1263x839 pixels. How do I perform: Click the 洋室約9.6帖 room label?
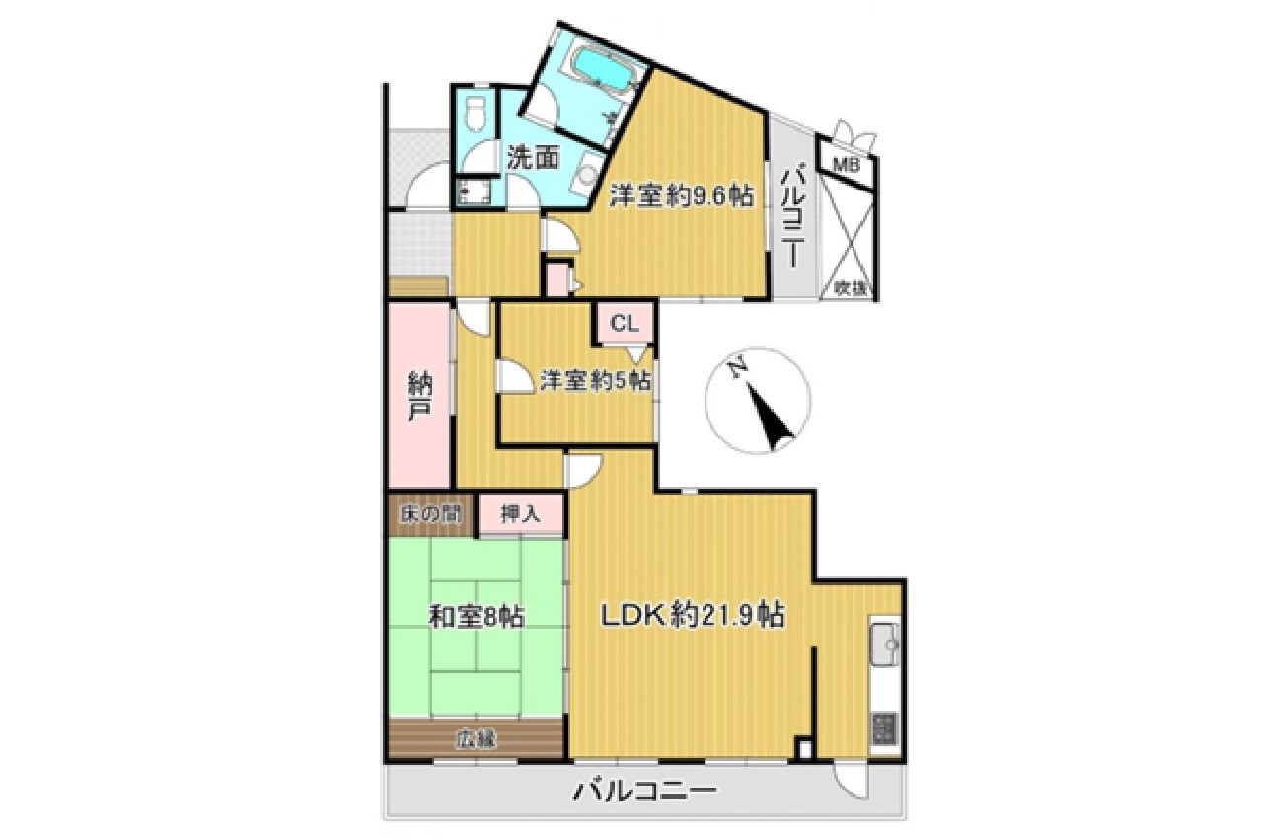[x=681, y=196]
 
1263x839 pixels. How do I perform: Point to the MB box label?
[x=847, y=165]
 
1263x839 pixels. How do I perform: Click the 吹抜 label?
[x=850, y=288]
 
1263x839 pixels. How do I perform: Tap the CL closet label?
[x=625, y=324]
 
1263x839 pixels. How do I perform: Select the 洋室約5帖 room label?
[x=595, y=381]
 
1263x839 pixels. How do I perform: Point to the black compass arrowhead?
[x=772, y=419]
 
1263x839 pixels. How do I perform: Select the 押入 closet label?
[x=520, y=514]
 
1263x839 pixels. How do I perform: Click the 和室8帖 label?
[x=477, y=618]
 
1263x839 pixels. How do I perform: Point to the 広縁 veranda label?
[x=477, y=739]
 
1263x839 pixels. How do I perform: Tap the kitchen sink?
[x=886, y=644]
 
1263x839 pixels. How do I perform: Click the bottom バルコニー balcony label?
[x=645, y=791]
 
